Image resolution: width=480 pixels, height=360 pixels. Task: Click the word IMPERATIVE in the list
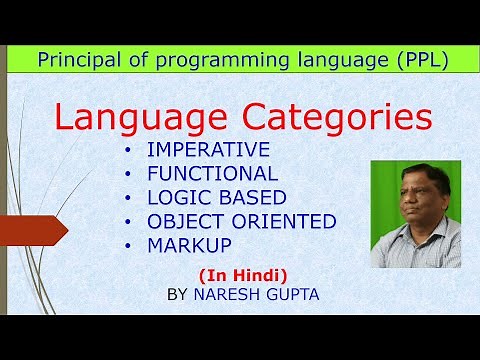pyautogui.click(x=207, y=151)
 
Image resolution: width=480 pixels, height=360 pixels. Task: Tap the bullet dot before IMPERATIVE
pyautogui.click(x=127, y=151)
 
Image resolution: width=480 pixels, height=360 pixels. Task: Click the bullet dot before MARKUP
pyautogui.click(x=127, y=244)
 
